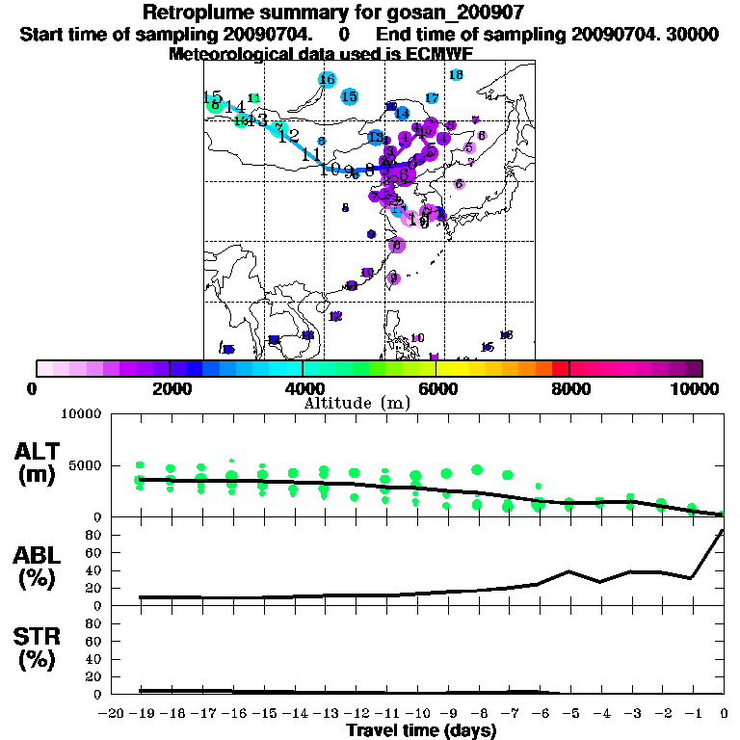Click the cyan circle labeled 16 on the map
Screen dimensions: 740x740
pos(327,80)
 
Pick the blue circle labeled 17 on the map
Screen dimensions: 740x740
pos(432,98)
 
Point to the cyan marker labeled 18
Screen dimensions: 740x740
pos(456,75)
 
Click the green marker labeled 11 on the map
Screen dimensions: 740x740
pos(254,98)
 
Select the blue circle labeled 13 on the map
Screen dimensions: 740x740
pos(376,138)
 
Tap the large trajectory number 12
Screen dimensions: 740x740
pos(289,136)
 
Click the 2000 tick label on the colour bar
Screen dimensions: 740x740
pos(170,388)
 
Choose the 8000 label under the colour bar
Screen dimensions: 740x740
pos(569,388)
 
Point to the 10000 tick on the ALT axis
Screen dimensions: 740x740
pos(82,414)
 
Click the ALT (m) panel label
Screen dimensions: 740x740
pos(40,462)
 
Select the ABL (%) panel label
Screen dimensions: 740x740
pos(39,568)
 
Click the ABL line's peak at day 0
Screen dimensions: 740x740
pos(723,530)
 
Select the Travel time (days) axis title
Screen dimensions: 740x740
pos(421,730)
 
